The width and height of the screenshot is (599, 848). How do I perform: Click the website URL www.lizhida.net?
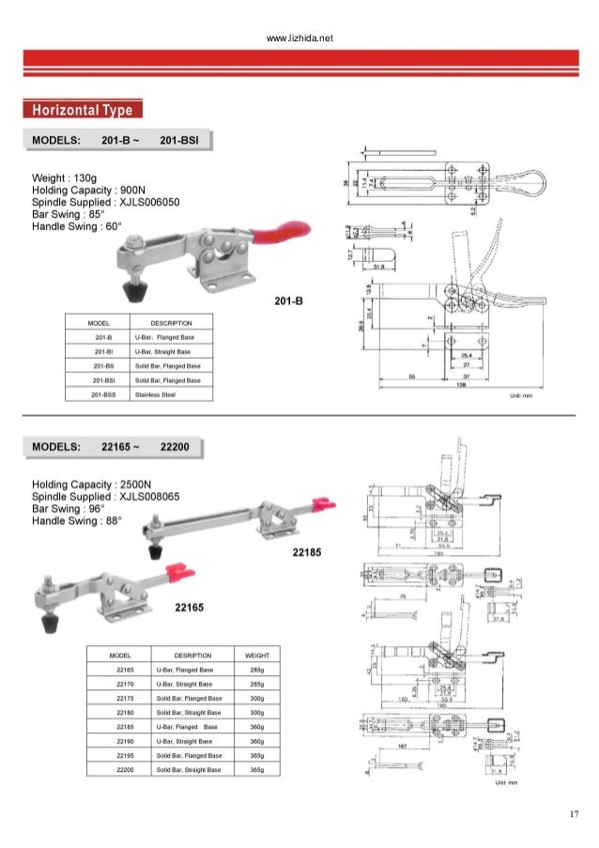point(299,39)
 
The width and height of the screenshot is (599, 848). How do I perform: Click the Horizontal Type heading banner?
point(84,111)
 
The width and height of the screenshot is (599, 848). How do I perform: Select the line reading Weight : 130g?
point(65,178)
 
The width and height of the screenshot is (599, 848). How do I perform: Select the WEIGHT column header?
point(256,655)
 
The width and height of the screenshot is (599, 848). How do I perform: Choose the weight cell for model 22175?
point(256,699)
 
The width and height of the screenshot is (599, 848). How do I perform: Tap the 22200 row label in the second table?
point(125,769)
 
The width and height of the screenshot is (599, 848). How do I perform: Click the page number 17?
point(573,813)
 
